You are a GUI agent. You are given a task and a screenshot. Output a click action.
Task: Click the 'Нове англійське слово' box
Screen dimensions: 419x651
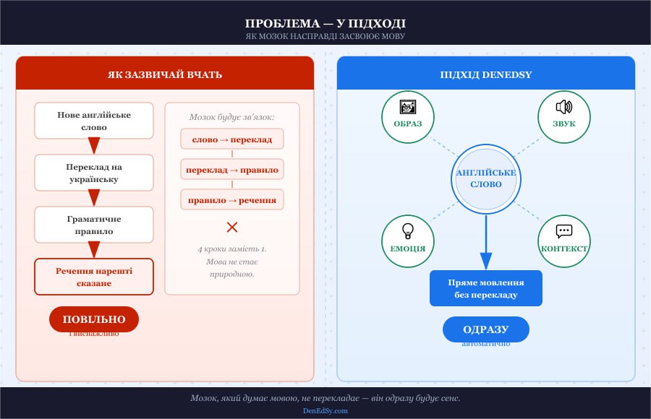click(94, 121)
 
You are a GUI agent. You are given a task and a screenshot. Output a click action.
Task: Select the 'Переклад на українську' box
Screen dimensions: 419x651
click(94, 173)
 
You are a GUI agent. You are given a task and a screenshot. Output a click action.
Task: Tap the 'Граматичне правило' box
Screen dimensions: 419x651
click(94, 225)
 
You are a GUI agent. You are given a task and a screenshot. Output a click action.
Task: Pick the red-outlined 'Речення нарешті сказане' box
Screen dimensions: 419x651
click(94, 277)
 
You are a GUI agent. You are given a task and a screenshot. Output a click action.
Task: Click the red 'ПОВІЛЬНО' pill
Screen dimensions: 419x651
click(94, 319)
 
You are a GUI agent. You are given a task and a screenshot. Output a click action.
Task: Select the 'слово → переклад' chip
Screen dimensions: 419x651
click(232, 139)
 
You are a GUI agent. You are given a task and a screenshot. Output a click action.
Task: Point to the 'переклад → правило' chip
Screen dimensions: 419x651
click(232, 169)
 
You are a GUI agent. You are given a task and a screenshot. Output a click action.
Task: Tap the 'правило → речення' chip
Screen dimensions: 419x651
click(232, 199)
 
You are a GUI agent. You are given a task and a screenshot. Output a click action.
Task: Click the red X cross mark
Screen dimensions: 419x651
click(232, 227)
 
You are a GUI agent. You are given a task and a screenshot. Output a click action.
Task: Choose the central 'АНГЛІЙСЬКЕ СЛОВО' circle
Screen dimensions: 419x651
click(486, 178)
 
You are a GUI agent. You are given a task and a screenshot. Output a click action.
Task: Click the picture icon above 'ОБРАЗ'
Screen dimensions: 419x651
click(408, 107)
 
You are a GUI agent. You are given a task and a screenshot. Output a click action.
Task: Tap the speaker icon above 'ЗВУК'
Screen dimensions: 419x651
click(564, 107)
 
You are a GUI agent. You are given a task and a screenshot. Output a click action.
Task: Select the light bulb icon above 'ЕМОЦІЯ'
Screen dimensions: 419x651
click(408, 231)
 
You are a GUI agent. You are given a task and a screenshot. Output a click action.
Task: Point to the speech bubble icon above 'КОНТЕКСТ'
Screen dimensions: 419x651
click(564, 231)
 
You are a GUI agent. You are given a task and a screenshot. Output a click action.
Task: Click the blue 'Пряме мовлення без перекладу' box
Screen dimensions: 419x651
click(486, 288)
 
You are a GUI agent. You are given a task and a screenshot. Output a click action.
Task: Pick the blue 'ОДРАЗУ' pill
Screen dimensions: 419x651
click(486, 329)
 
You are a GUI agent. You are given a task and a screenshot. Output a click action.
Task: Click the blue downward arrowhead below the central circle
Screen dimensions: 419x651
click(486, 261)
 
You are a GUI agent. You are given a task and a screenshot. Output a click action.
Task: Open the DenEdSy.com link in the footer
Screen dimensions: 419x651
click(325, 410)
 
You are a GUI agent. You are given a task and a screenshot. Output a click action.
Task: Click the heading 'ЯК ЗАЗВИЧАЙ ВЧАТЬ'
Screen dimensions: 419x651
click(165, 74)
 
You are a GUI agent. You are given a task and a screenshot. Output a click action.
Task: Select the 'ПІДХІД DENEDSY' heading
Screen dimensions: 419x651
click(486, 74)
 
